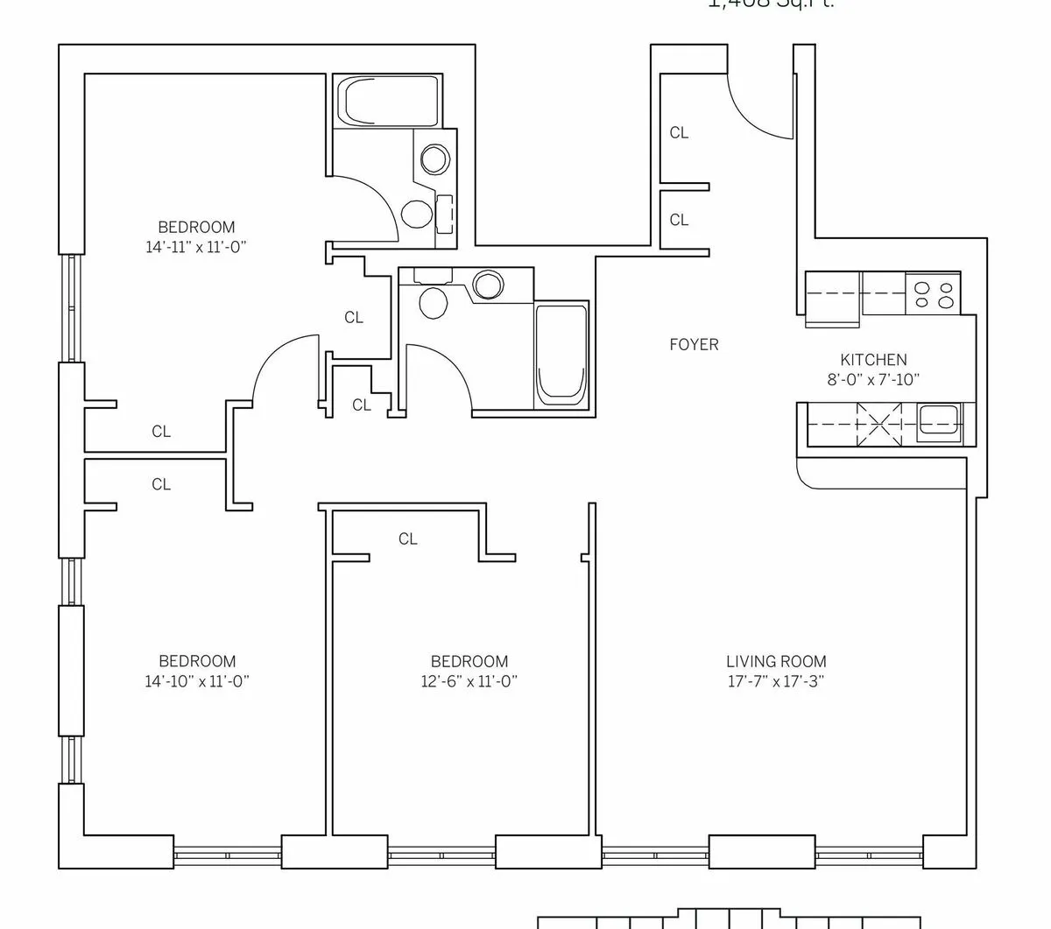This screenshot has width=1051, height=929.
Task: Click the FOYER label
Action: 694,344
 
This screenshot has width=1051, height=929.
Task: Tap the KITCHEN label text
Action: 873,359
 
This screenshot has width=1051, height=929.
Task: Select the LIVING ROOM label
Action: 776,662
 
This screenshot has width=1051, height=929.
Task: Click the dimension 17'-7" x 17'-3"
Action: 776,681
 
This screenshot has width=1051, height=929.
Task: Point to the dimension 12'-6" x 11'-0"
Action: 469,681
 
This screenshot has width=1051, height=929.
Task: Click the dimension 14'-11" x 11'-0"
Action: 196,247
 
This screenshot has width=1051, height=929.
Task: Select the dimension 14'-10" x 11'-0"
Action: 197,681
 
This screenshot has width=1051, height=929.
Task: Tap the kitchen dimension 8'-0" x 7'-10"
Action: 873,379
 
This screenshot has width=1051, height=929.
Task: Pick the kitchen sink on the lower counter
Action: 938,423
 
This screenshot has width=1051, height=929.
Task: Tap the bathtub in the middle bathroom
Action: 561,355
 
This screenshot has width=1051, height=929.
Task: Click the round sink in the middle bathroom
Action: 488,285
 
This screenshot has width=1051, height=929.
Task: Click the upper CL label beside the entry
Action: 679,133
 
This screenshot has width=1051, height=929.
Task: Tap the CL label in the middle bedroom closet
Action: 408,538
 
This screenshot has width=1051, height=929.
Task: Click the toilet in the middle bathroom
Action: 434,300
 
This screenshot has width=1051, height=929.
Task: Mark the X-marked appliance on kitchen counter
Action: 879,422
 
